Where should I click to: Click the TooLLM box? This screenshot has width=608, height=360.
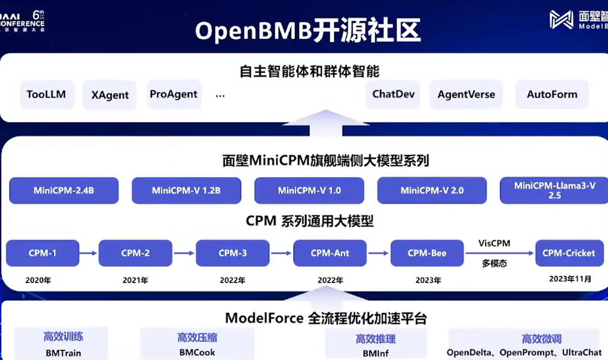click(x=46, y=94)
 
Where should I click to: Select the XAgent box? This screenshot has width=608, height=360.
click(x=110, y=95)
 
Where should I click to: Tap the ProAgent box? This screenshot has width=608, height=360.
click(x=173, y=94)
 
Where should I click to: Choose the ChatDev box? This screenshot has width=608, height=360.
click(x=393, y=94)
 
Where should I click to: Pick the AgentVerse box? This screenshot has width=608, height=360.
click(x=466, y=94)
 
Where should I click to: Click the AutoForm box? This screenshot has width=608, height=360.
click(x=552, y=94)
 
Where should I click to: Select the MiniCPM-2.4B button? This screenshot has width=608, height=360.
click(x=64, y=190)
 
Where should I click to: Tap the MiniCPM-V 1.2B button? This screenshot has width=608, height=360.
click(x=186, y=190)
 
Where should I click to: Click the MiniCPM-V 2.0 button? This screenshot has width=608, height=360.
click(x=432, y=190)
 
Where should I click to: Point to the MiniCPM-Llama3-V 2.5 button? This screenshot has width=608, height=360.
click(x=554, y=190)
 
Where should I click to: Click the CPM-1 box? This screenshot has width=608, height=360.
click(x=42, y=253)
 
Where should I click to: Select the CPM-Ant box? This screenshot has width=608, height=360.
click(x=329, y=253)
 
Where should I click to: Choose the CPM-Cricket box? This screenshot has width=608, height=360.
click(x=569, y=253)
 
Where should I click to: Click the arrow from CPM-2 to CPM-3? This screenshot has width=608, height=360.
click(x=184, y=253)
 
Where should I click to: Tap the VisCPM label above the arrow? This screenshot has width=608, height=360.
click(x=494, y=243)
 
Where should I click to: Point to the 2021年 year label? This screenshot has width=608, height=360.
click(x=135, y=281)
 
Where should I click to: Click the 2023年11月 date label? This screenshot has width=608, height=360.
click(x=570, y=280)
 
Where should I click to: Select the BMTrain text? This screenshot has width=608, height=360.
click(x=63, y=353)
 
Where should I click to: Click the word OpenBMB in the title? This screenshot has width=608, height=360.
click(x=254, y=31)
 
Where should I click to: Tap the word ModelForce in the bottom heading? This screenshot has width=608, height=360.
click(x=264, y=318)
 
